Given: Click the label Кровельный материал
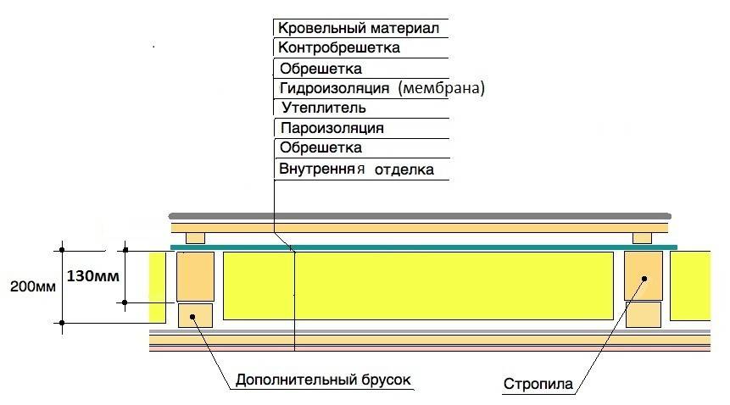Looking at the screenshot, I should pos(359,28).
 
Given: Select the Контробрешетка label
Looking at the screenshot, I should pos(338,48).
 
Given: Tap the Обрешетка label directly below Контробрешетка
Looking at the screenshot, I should pos(320,69).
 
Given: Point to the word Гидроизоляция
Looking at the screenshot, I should pos(333,88).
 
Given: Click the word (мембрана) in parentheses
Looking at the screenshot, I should pos(443,88).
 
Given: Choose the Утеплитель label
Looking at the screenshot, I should pos(323,108).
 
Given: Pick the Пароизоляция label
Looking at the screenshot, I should pos(332,129).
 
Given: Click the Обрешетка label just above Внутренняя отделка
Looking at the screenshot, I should pos(320,148).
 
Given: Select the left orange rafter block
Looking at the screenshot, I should pos(195,275).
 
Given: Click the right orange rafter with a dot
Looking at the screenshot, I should pos(643,275).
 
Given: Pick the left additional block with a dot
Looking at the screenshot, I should pos(195,315).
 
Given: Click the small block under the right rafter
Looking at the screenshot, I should pos(643,314).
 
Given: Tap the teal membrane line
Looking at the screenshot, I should pos(424,247).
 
